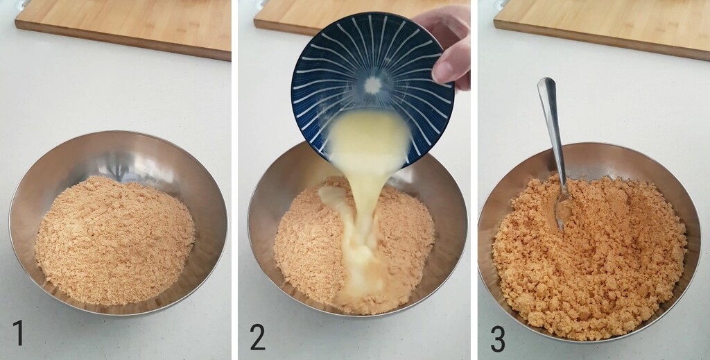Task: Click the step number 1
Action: [x=18, y=333]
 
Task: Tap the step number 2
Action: [x=257, y=336]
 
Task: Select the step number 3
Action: [x=497, y=338]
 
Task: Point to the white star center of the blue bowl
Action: [x=373, y=85]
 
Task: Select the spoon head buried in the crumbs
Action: [x=562, y=208]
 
